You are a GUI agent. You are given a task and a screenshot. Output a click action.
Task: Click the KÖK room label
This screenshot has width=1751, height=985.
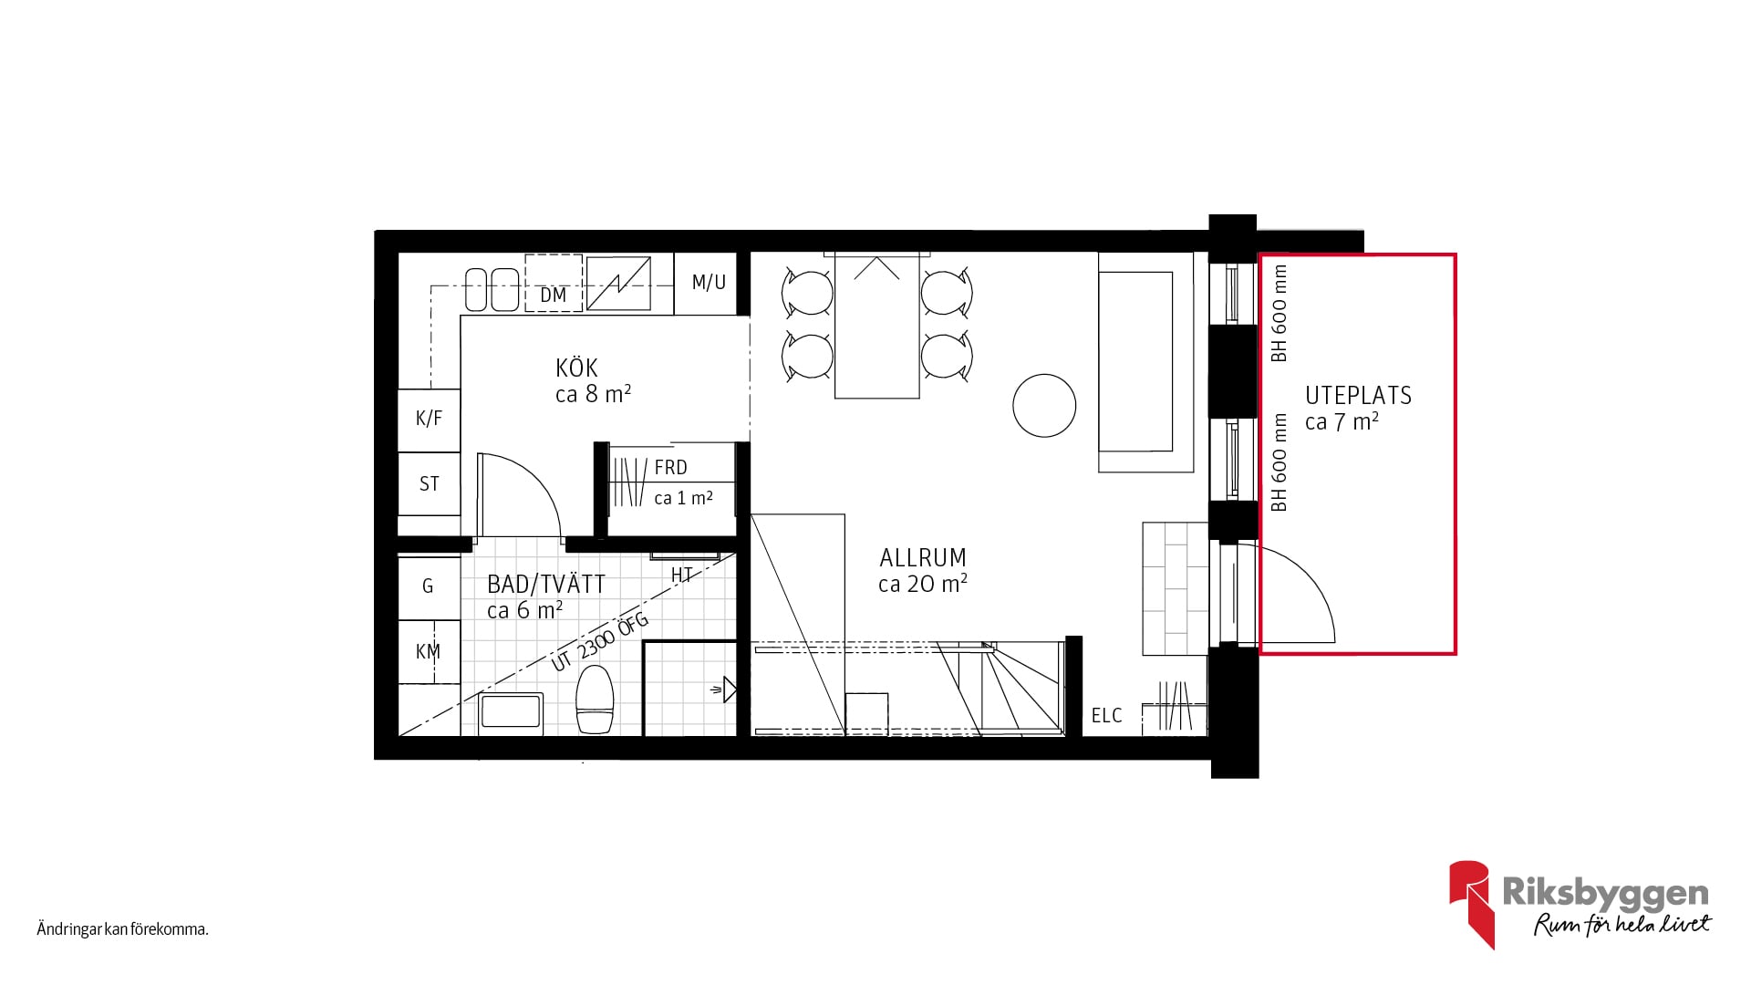click(x=576, y=368)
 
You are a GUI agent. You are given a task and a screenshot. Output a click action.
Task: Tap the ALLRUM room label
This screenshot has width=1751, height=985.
click(x=923, y=557)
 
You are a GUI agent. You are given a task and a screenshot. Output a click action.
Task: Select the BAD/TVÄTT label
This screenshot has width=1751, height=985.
click(x=546, y=585)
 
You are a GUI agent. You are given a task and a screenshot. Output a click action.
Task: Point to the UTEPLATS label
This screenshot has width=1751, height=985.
click(x=1358, y=395)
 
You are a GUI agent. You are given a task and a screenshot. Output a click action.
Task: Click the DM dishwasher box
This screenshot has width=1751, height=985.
click(x=554, y=283)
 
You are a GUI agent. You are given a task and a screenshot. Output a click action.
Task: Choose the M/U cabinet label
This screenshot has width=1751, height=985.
click(x=709, y=283)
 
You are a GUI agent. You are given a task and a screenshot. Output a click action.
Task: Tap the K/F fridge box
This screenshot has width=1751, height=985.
click(x=429, y=420)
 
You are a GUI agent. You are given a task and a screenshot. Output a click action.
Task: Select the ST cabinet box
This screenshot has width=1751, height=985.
click(x=429, y=483)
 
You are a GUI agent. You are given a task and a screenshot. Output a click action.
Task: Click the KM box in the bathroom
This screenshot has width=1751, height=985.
click(x=429, y=651)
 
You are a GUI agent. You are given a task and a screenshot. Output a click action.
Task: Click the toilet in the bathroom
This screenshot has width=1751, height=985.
click(x=595, y=700)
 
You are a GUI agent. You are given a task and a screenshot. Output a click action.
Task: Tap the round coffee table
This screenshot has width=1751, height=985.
click(x=1044, y=406)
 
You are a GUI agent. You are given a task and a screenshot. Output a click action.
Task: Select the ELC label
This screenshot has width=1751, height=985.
click(x=1106, y=716)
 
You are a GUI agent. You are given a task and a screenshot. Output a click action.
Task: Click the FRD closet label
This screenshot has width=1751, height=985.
click(x=670, y=468)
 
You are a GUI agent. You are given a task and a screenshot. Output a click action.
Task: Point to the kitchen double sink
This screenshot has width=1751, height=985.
click(x=492, y=289)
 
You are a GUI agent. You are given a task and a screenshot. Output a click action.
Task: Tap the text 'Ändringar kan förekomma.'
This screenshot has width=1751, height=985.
click(x=123, y=930)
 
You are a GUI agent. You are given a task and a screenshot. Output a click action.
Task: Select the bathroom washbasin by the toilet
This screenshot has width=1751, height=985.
click(x=512, y=714)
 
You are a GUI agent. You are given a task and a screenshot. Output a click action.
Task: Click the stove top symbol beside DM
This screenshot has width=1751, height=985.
click(x=618, y=284)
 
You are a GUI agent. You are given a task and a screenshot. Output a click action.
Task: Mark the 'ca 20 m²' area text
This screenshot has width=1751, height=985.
click(x=923, y=584)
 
